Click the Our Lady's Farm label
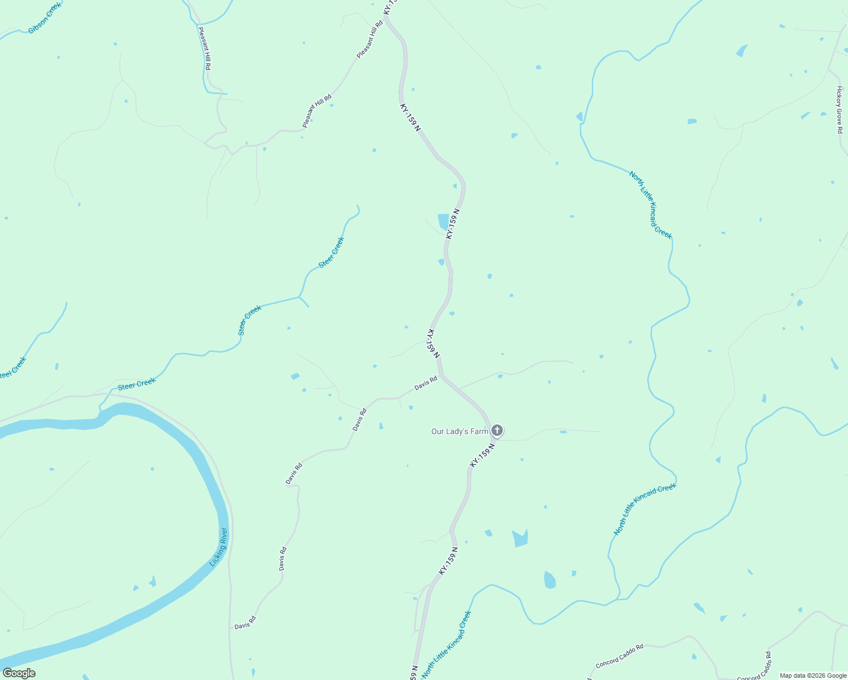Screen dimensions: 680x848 (x=459, y=431)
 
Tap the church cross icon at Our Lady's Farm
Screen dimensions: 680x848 (x=497, y=431)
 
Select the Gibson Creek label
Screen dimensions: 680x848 (x=44, y=18)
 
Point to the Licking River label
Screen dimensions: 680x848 (x=218, y=547)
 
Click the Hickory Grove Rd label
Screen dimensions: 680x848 (x=839, y=110)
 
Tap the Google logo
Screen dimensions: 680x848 (x=19, y=673)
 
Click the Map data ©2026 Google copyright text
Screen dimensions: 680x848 (x=813, y=675)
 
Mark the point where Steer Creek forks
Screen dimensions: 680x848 (x=299, y=296)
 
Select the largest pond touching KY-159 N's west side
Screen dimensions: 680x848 (x=443, y=221)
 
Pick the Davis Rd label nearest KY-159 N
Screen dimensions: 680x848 (x=426, y=384)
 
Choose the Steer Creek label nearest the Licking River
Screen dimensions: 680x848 (x=137, y=384)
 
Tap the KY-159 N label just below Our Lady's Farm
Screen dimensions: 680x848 (x=482, y=456)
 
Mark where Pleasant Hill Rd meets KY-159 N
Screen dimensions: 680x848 (x=385, y=18)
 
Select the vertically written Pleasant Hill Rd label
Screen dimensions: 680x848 (x=205, y=48)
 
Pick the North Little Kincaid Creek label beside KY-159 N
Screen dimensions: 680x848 (x=447, y=644)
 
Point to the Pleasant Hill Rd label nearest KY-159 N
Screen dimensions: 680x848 (x=370, y=40)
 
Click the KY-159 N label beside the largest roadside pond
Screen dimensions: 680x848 (x=452, y=223)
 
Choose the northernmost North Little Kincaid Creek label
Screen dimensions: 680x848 (x=650, y=205)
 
